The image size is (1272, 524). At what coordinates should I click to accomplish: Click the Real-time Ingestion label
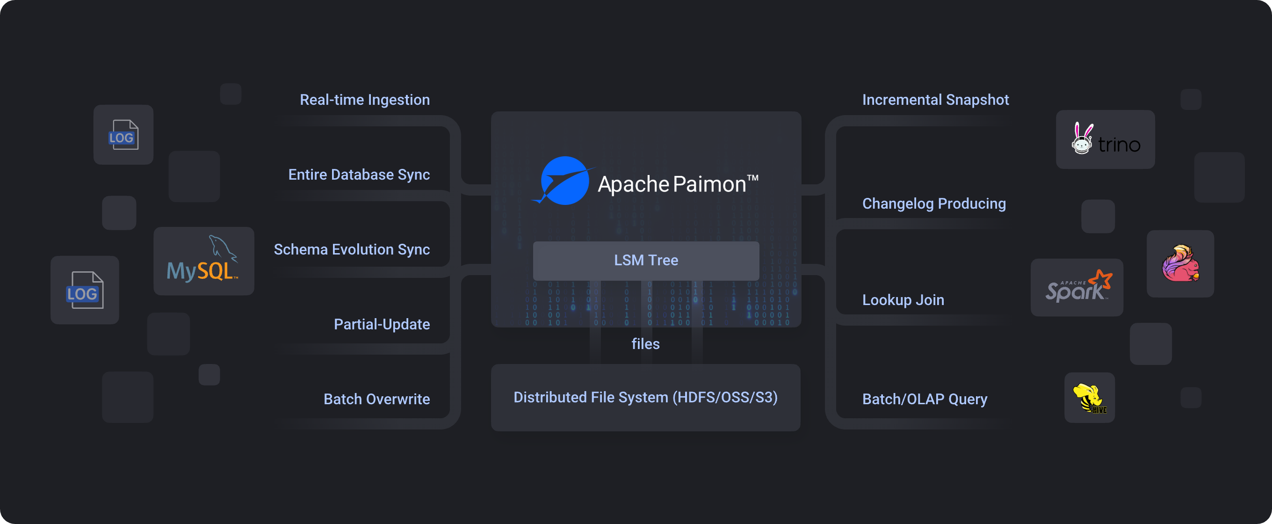(x=364, y=100)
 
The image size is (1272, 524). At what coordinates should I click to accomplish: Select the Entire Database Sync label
(x=359, y=175)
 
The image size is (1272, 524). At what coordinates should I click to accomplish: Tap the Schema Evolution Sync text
(x=352, y=249)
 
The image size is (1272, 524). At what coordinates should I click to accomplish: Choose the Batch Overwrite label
(x=376, y=399)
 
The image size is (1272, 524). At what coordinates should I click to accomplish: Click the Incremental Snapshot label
(x=935, y=100)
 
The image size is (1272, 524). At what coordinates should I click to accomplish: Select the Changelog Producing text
(x=934, y=204)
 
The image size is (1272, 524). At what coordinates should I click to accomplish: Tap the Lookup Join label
(x=903, y=300)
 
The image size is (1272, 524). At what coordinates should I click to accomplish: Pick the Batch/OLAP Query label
(x=925, y=399)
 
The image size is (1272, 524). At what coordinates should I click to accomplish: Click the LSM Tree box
(x=646, y=260)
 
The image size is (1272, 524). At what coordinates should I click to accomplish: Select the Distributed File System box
(x=645, y=398)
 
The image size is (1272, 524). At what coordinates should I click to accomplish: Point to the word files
(x=645, y=344)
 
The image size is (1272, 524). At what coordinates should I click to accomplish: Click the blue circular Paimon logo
(x=564, y=181)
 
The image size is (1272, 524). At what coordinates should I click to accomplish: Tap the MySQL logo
(x=203, y=261)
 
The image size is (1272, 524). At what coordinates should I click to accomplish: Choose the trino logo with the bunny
(x=1105, y=140)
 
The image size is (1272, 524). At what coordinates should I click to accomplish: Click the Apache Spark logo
(x=1077, y=287)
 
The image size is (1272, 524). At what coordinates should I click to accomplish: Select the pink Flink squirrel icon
(x=1180, y=264)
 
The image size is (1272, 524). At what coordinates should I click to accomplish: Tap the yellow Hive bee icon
(x=1089, y=398)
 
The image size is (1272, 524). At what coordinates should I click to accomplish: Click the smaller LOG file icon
(x=123, y=135)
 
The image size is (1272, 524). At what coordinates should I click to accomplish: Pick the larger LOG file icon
(x=85, y=291)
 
